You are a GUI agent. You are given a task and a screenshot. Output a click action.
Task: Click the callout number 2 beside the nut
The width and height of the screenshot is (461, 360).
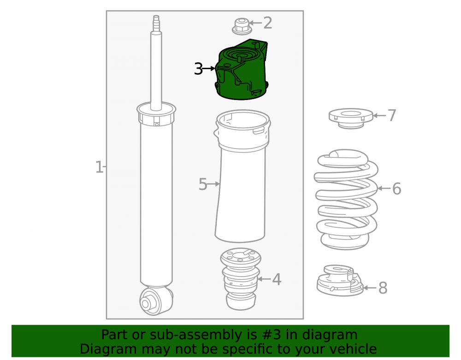tap(267, 23)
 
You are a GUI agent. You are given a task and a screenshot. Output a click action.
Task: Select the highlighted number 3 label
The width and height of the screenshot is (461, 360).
tap(198, 69)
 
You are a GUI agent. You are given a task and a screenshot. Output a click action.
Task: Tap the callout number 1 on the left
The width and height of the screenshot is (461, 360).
tap(99, 167)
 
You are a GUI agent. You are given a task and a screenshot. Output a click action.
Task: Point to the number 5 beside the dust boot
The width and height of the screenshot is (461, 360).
tap(203, 184)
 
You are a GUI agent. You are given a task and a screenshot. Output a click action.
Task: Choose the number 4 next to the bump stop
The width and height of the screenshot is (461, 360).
tap(276, 279)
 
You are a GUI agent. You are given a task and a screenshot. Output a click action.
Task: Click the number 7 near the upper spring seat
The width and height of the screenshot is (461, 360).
tap(392, 115)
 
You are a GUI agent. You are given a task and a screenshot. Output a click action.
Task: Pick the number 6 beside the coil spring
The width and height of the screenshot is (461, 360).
tap(396, 189)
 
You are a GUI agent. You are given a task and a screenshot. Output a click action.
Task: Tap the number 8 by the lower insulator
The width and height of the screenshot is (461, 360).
tap(383, 288)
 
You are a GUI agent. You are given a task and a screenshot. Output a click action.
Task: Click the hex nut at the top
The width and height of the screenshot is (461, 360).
tap(242, 26)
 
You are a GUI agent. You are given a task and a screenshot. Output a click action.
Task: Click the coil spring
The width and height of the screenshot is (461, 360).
tap(346, 200)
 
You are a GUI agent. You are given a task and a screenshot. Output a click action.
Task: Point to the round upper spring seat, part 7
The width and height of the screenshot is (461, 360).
tap(351, 118)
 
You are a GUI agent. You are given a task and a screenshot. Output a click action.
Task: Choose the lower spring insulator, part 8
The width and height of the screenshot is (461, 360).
tap(340, 280)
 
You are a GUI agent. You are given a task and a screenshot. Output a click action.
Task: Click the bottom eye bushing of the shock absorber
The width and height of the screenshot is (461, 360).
tap(156, 301)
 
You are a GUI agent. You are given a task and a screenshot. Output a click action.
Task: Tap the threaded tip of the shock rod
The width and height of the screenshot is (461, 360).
tap(156, 22)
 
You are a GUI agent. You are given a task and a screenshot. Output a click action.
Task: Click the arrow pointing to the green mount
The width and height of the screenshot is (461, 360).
tap(209, 69)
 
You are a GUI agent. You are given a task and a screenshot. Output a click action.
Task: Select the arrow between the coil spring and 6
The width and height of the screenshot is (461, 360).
tap(384, 188)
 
